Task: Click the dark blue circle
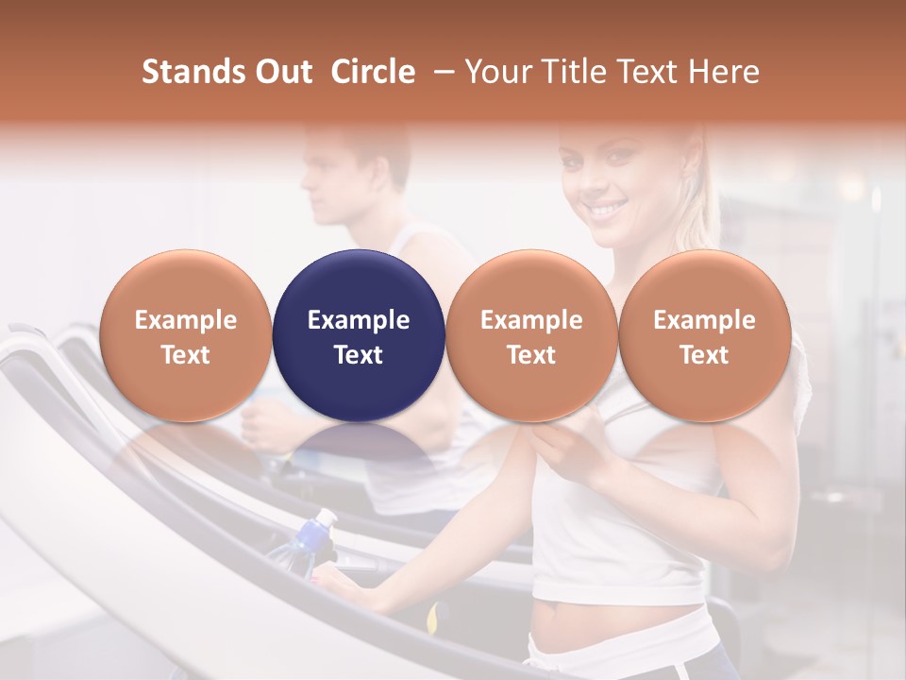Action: (359, 335)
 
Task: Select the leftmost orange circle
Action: (185, 335)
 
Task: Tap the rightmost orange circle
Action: (705, 335)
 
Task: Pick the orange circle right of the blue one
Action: (531, 335)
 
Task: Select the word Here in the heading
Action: (724, 72)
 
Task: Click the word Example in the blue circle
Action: (359, 320)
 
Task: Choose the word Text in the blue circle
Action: (359, 355)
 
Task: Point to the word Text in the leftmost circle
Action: (185, 355)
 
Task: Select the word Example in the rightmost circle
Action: (705, 320)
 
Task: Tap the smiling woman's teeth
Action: (609, 207)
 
